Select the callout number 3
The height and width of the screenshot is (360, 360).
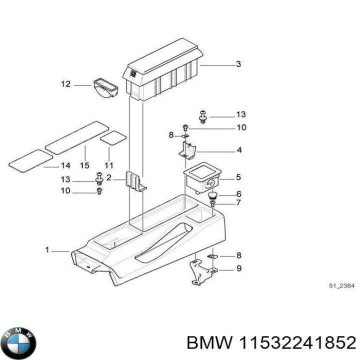click(x=238, y=64)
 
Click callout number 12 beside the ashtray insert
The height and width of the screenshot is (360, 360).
click(x=65, y=84)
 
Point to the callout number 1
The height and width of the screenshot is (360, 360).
click(x=47, y=250)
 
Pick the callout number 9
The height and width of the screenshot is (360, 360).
click(x=238, y=268)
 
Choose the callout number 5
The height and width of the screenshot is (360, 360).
click(x=238, y=177)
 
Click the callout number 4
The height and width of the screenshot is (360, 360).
click(x=239, y=150)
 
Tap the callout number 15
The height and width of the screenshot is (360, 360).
click(x=84, y=165)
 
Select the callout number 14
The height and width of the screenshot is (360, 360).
click(x=65, y=166)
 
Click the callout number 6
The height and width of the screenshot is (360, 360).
click(x=238, y=194)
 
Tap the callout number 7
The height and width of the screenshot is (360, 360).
click(x=238, y=203)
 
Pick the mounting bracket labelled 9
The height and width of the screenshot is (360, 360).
click(x=202, y=272)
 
